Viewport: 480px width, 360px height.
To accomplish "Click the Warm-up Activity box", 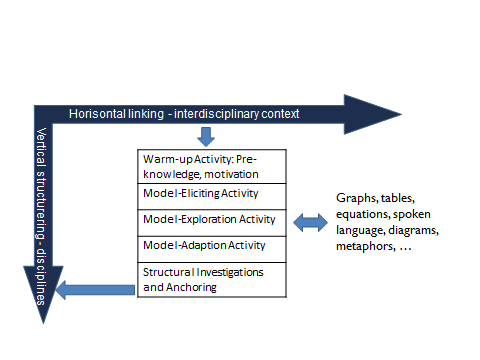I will click(211, 165).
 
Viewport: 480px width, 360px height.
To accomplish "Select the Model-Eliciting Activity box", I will click(211, 195).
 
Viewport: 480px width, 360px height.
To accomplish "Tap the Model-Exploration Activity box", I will click(211, 219).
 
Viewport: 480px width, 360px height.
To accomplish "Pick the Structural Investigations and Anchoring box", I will click(211, 279).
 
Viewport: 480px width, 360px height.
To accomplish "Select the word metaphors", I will click(367, 247).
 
